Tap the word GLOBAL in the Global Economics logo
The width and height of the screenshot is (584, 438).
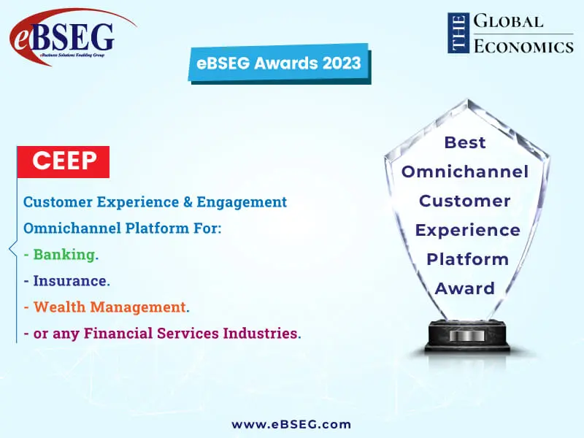[x=508, y=22]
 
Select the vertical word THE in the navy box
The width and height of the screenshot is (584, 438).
[x=458, y=33]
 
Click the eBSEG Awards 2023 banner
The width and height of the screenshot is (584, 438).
[x=278, y=63]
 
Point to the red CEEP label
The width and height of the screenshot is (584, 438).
[x=65, y=161]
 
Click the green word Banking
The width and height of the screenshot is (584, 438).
[x=64, y=255]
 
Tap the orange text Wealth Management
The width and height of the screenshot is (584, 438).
[x=109, y=307]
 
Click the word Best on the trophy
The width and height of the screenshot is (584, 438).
[x=465, y=142]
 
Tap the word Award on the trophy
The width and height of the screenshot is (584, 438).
[x=465, y=288]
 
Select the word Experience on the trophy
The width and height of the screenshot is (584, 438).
[x=468, y=230]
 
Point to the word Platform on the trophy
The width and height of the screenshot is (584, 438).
[x=467, y=259]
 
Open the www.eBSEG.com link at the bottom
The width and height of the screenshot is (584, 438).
[x=291, y=424]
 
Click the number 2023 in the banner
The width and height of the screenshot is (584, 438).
[x=338, y=63]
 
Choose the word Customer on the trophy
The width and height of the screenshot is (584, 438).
[x=465, y=201]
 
